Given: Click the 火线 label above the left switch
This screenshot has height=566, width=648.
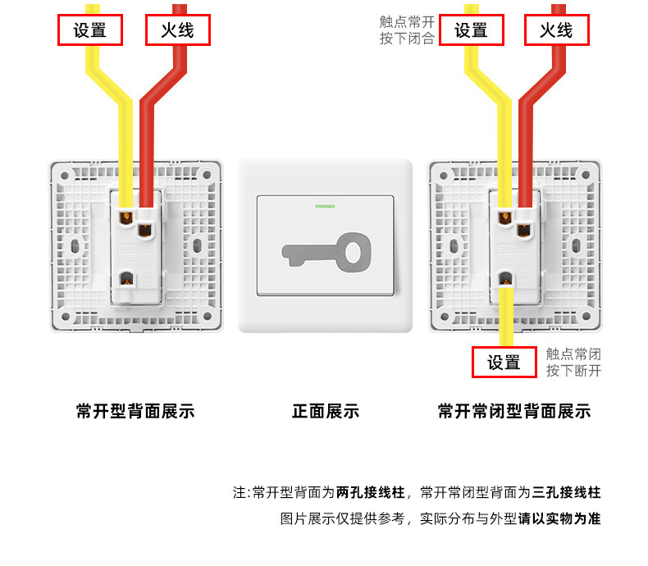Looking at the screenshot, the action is tap(178, 31).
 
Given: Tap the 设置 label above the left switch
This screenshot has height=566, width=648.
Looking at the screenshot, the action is tap(90, 31).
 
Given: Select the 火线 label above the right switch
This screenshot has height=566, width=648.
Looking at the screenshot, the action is tap(556, 31).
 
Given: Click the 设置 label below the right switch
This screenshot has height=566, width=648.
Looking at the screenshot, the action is tap(504, 363).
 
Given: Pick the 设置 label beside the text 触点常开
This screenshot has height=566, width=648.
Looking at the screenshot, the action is tap(472, 31).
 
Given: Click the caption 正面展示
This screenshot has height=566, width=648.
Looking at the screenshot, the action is tap(326, 411).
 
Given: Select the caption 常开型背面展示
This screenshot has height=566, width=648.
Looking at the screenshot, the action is tap(135, 411).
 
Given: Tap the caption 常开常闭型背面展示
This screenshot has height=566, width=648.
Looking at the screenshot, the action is tap(514, 411).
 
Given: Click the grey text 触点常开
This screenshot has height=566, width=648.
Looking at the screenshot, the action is tap(407, 22).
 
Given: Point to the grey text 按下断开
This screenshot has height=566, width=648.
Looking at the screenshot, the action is tap(574, 371).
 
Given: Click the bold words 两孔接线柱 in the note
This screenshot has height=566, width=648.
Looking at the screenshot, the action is tap(371, 493).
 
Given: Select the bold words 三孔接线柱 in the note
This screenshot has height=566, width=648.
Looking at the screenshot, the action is tap(567, 493).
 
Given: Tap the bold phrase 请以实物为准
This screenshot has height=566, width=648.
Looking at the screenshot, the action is tap(559, 519).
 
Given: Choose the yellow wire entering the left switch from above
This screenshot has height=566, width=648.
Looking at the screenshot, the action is tap(125, 148).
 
